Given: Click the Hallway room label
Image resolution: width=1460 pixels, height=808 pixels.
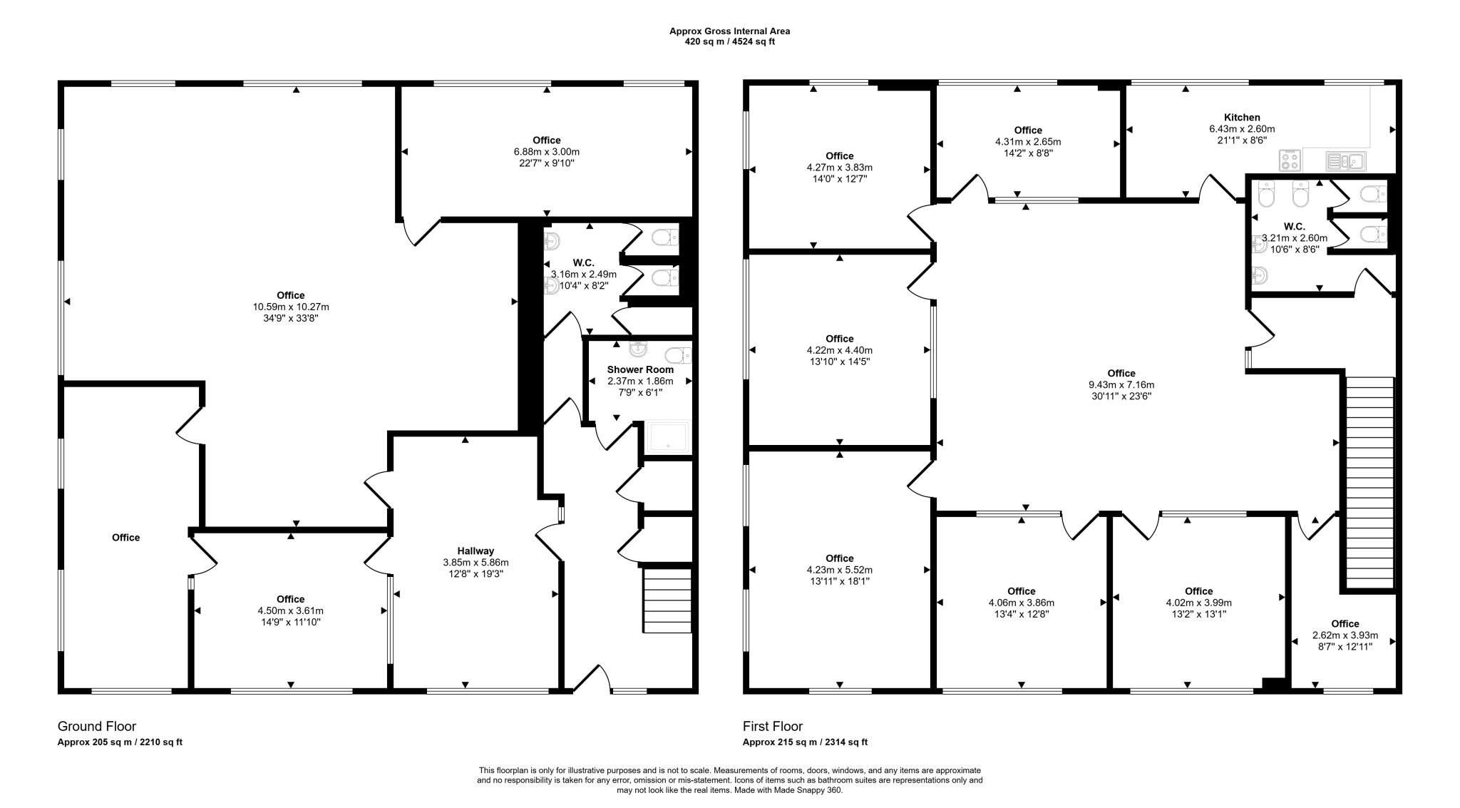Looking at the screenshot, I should click(x=475, y=551).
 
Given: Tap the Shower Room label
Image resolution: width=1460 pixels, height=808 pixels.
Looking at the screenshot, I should click(x=639, y=369).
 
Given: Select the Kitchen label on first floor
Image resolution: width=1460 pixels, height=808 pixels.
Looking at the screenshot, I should click(x=1241, y=118).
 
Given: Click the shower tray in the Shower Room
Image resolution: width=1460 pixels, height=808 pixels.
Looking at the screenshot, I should click(x=668, y=437).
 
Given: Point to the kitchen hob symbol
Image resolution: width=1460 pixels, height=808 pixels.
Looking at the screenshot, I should click(x=1290, y=161).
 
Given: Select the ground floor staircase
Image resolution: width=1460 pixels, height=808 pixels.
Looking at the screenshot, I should click(x=667, y=600).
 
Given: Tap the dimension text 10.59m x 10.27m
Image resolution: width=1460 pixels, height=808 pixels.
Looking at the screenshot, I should click(x=291, y=307).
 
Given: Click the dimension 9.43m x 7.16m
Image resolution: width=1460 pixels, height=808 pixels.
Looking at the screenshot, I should click(x=1121, y=384).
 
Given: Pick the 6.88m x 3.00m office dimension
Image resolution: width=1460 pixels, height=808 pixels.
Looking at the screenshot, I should click(x=546, y=152).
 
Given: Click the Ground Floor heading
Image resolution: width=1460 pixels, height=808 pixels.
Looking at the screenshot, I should click(x=97, y=726).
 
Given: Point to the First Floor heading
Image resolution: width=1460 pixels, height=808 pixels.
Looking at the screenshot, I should click(x=772, y=726).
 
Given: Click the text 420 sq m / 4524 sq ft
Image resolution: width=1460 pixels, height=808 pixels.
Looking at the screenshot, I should click(x=729, y=41).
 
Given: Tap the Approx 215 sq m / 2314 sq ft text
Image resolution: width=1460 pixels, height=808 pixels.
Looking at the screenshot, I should click(x=805, y=742).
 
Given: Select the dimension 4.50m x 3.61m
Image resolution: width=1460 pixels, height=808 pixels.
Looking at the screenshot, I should click(x=290, y=610).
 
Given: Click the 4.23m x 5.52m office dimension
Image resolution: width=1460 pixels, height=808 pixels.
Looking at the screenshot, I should click(x=839, y=570).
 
